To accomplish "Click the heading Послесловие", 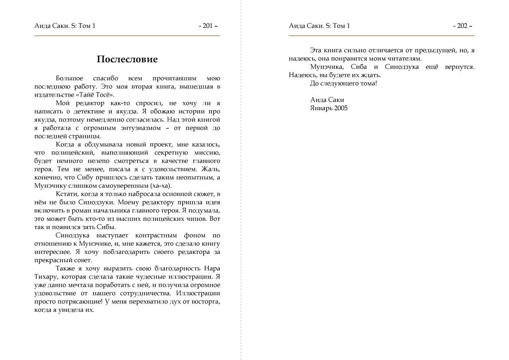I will pos(127,59).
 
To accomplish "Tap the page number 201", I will pos(208,26).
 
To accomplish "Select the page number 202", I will pos(462,26).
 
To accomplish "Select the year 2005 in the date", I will pos(341,108).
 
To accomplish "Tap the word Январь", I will pos(321,108).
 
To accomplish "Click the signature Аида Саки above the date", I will pos(327,99).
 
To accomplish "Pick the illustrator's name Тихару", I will pos(46,276).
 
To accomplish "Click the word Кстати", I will pos(67,194).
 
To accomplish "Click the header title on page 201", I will pos(65,26).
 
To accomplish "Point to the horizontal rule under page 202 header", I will pos(381,36).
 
